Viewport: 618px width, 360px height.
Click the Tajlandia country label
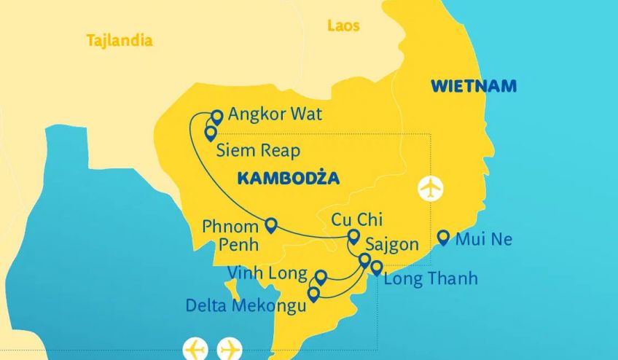(120, 40)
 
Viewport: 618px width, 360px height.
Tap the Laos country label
(343, 26)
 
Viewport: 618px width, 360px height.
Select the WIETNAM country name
(473, 86)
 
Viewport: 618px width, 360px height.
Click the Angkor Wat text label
(275, 114)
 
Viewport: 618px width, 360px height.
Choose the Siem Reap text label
(259, 151)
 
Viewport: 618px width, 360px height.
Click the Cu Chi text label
(356, 219)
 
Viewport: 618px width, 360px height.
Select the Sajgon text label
(393, 244)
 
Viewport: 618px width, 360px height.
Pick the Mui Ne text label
(484, 239)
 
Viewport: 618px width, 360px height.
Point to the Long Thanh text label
(431, 278)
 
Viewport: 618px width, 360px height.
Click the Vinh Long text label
(267, 273)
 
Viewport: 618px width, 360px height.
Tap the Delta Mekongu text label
(246, 305)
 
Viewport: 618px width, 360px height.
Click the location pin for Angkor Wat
(216, 117)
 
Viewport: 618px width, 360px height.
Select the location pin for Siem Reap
(211, 133)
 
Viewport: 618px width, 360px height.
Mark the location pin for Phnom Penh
(271, 225)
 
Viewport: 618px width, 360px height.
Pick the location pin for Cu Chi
(353, 236)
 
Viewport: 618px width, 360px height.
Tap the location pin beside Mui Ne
(443, 237)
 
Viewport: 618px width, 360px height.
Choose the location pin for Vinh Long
(320, 276)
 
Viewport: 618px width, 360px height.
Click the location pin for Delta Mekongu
(313, 294)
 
